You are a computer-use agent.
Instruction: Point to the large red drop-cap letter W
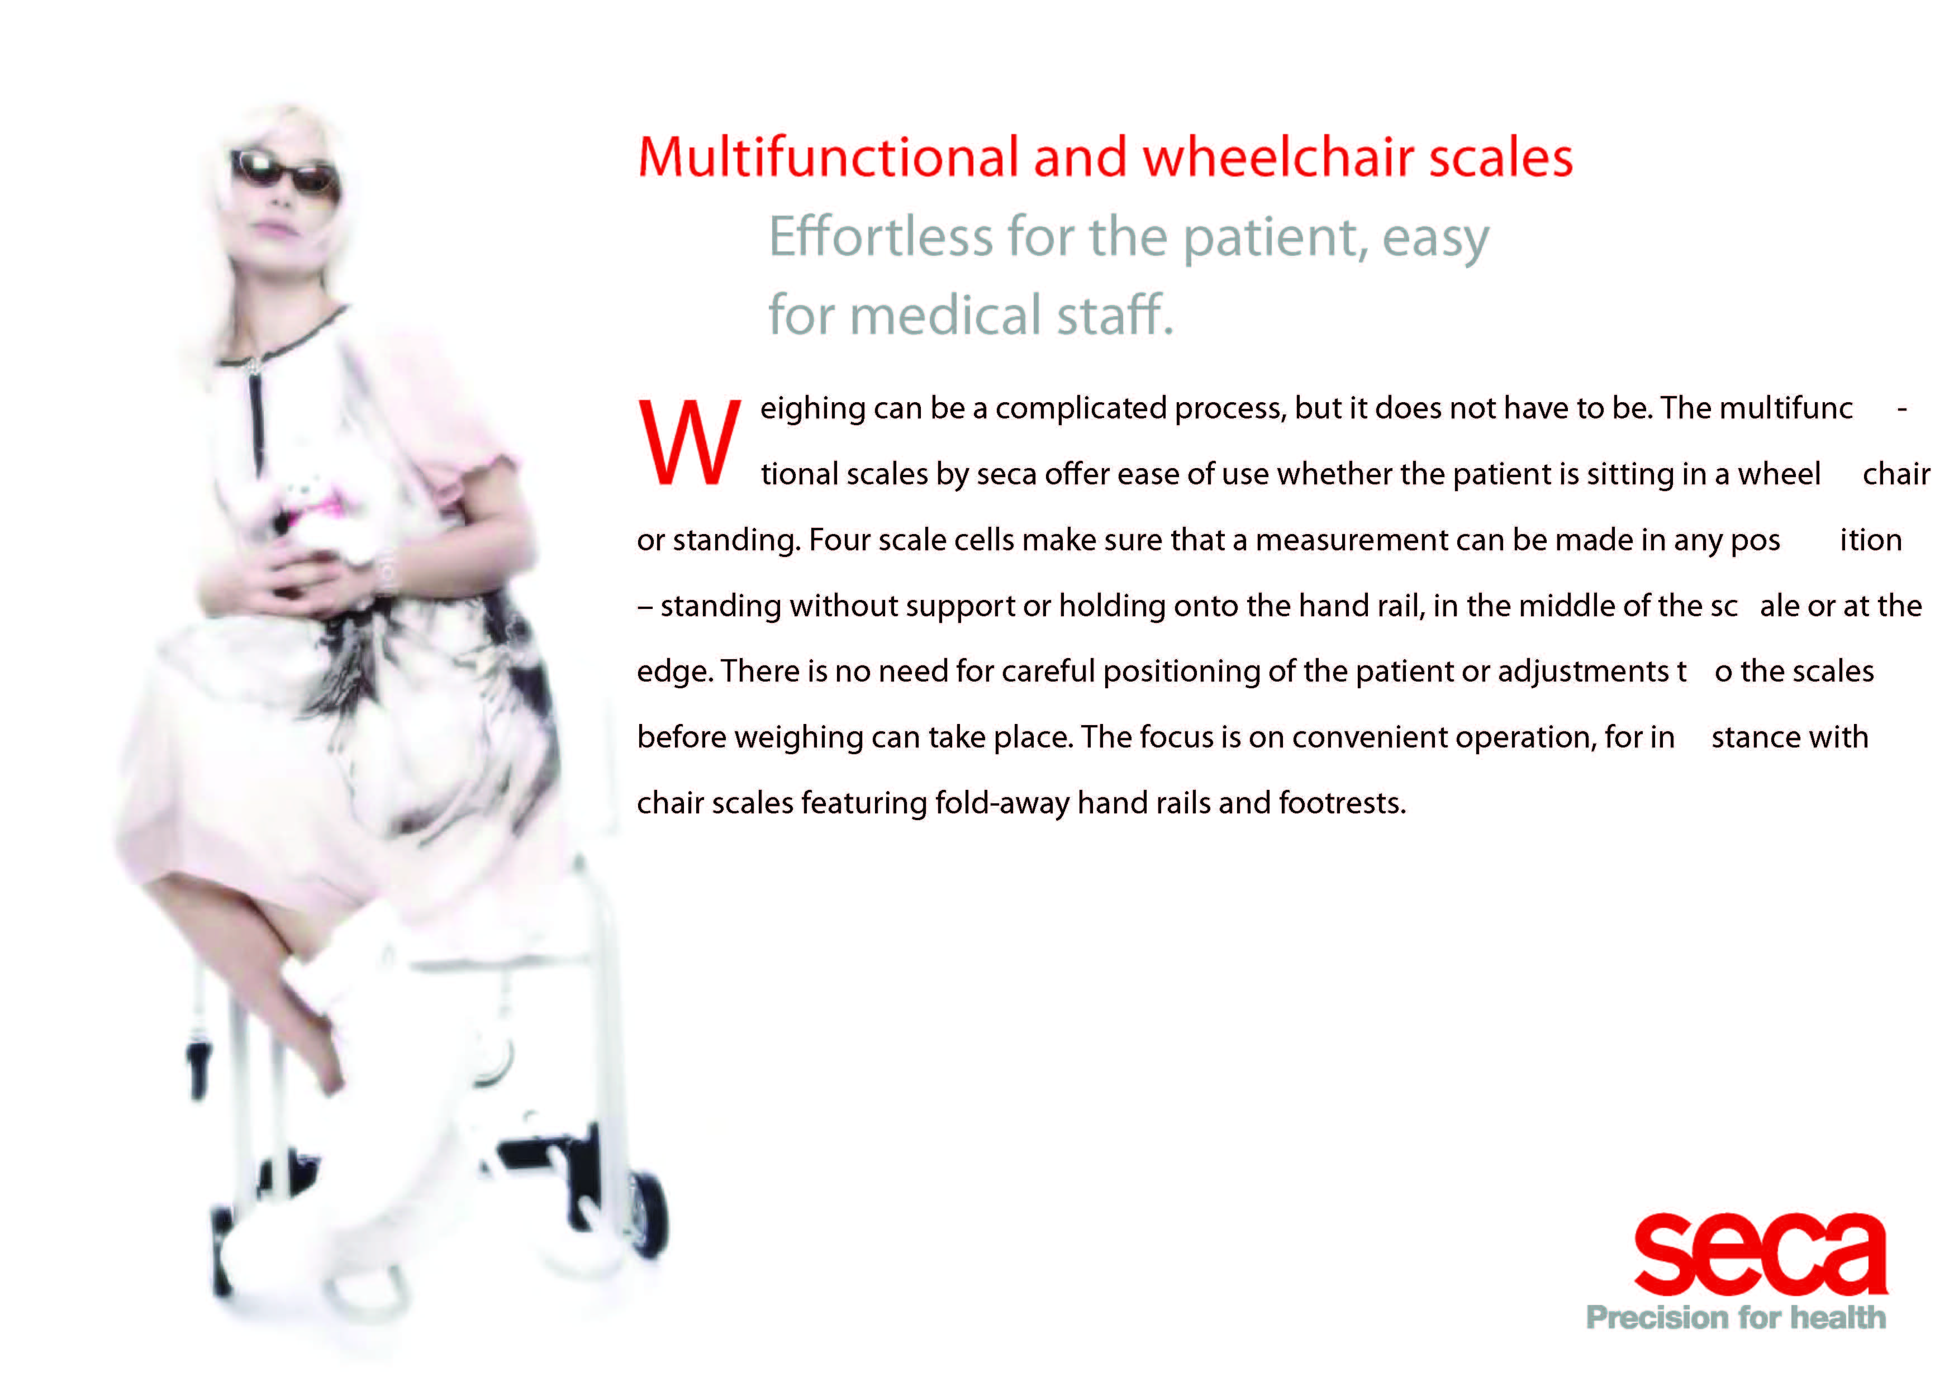click(690, 442)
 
